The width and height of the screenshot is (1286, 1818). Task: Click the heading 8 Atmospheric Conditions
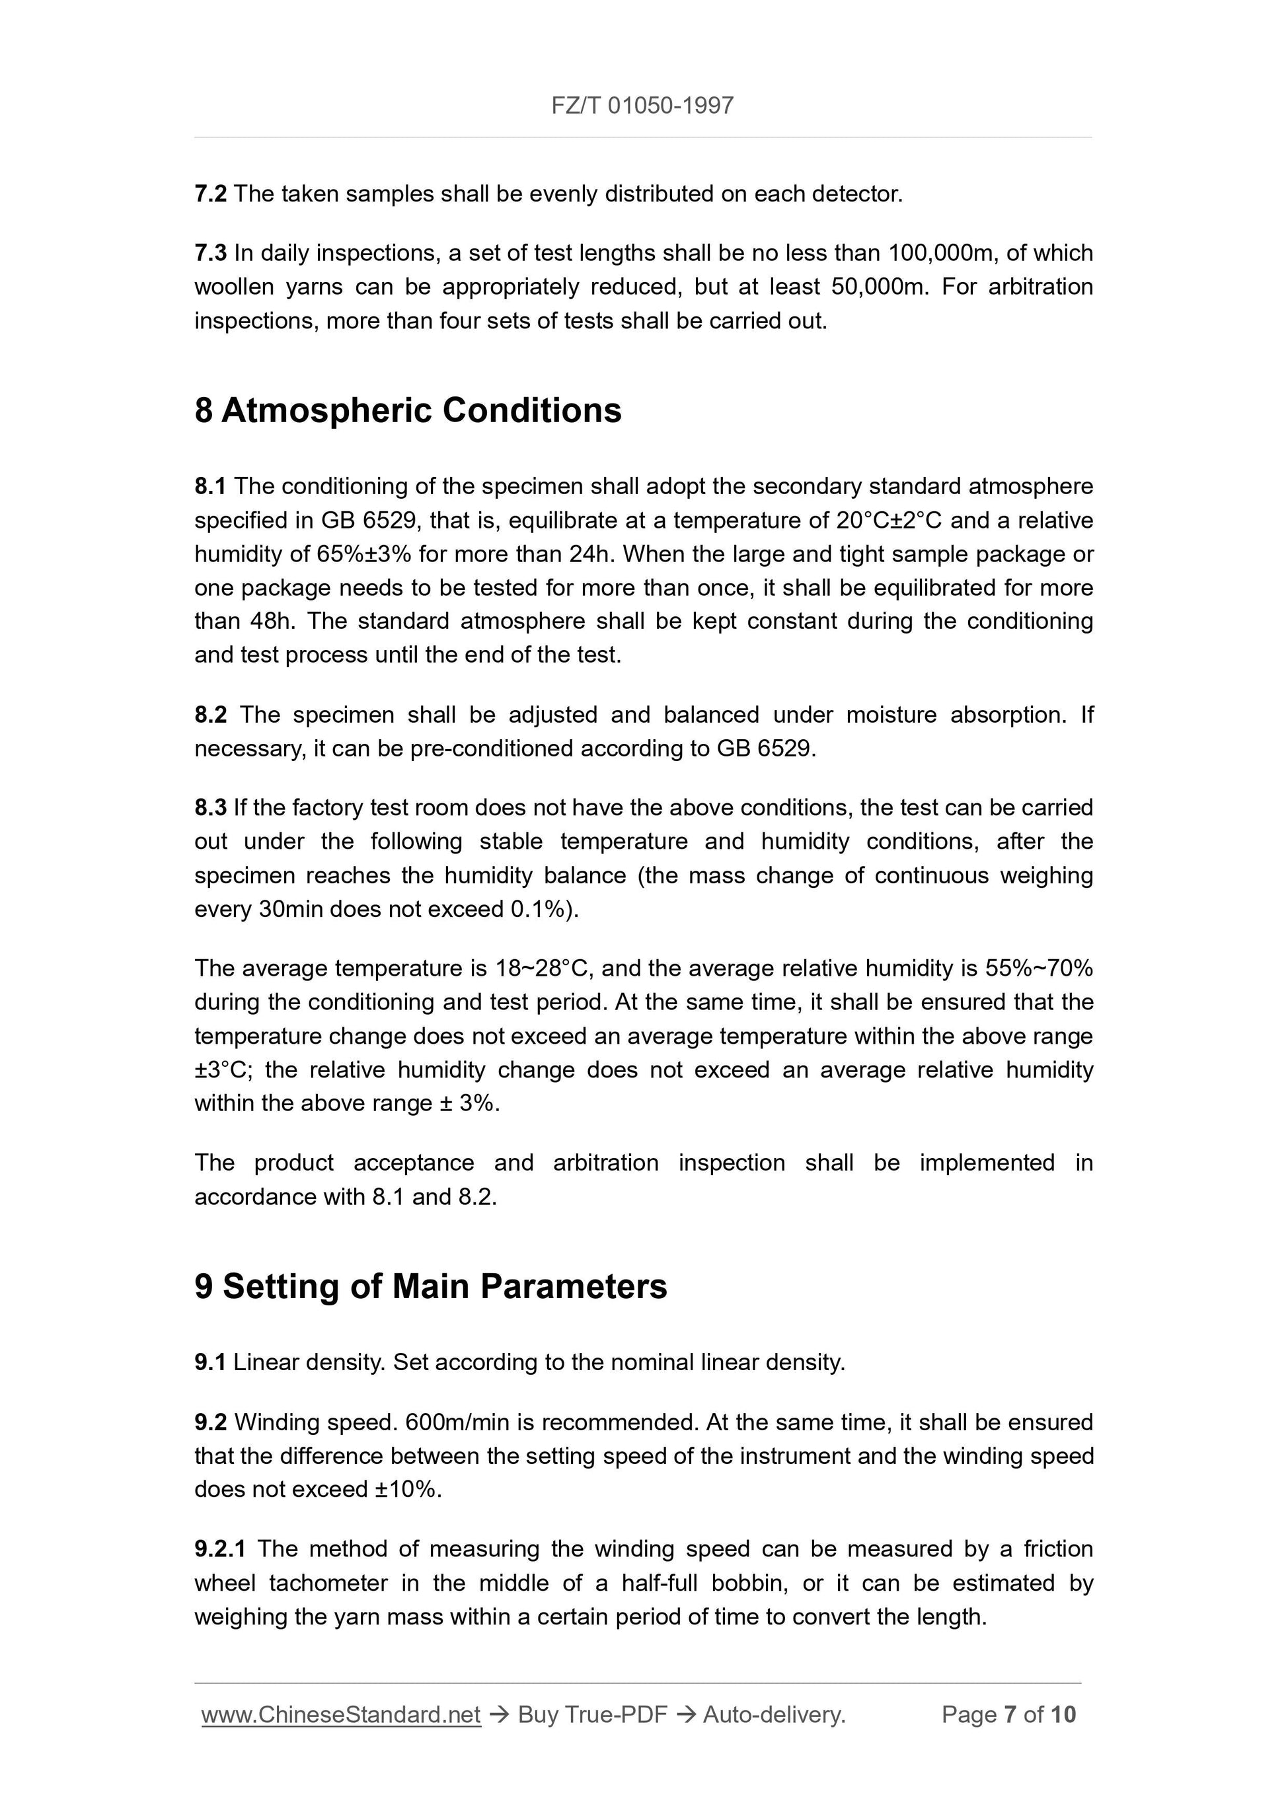point(408,410)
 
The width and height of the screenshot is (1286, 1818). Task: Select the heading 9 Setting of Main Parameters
point(430,1286)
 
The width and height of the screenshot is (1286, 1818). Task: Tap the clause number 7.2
point(211,194)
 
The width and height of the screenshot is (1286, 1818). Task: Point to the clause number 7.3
point(211,254)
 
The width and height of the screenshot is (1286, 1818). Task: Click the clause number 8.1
point(211,486)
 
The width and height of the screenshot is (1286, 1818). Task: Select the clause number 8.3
point(211,808)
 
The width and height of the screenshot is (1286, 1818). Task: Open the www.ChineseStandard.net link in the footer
point(341,1715)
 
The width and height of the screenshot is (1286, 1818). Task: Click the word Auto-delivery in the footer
point(774,1715)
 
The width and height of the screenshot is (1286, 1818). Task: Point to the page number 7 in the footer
point(1010,1715)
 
